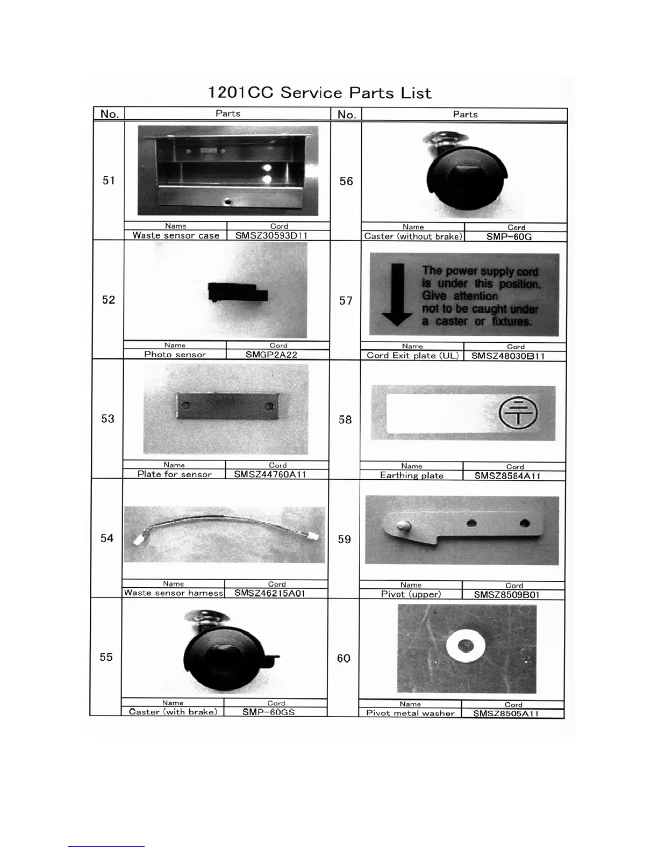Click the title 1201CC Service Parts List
tap(319, 93)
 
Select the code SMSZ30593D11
tap(271, 235)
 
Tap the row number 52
tap(109, 300)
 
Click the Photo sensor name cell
tap(175, 355)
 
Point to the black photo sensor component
tap(237, 292)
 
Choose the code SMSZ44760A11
tap(270, 474)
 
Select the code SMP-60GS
tap(268, 712)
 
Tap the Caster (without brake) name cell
tap(413, 236)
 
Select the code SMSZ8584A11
tap(507, 476)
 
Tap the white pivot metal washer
tap(466, 646)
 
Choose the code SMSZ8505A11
tap(506, 713)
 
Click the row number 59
tap(345, 539)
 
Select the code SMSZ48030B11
tap(508, 356)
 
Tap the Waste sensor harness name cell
tap(173, 593)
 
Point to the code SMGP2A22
tap(271, 355)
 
